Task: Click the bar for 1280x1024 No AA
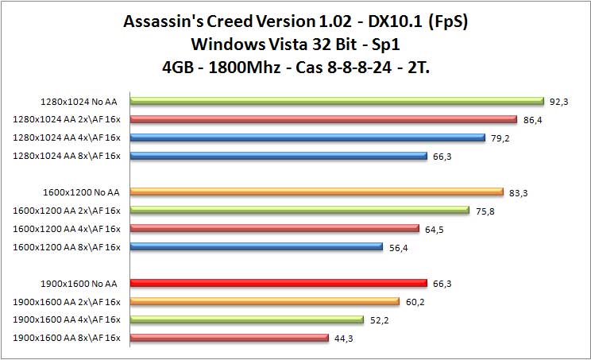point(337,101)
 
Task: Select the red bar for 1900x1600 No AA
point(279,283)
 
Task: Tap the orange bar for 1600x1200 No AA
point(316,192)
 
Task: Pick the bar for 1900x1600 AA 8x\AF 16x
point(229,338)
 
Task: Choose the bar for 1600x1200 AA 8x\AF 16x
point(256,246)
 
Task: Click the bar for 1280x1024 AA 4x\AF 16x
point(307,137)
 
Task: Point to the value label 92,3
point(558,102)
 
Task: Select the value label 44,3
point(342,339)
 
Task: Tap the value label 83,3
point(518,192)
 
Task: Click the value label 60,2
point(413,302)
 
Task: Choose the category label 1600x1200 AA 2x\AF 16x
point(68,211)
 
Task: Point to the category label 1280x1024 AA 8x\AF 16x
point(68,156)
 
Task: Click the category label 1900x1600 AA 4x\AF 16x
point(68,319)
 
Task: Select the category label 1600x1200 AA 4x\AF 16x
point(68,229)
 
